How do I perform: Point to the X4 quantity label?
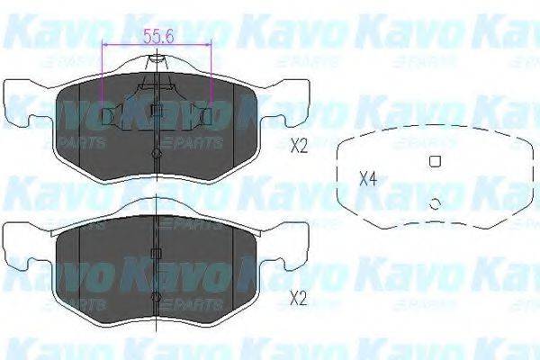367,177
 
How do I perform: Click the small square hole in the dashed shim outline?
434,161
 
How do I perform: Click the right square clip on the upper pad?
206,116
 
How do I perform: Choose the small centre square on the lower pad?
157,253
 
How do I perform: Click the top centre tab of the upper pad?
157,60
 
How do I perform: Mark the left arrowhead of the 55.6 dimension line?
107,44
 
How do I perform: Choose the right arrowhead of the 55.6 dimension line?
210,44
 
